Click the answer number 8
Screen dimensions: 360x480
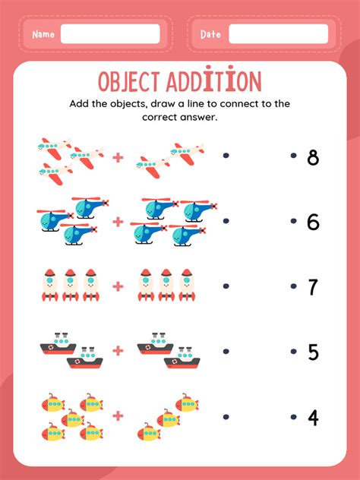[313, 158]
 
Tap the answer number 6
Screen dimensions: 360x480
[313, 222]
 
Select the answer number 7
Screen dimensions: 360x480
[312, 287]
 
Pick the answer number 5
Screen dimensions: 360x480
[313, 352]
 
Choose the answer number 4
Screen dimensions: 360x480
[313, 418]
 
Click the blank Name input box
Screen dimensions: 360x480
[110, 34]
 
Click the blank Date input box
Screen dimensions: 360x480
[279, 34]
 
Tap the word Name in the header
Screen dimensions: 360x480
[43, 34]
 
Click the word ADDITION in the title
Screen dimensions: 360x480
[214, 79]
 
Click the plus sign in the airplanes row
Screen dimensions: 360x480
[118, 158]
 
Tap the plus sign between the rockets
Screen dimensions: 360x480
[118, 286]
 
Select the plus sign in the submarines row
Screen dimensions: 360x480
[118, 415]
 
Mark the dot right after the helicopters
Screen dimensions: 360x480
[226, 221]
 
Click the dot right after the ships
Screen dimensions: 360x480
[226, 351]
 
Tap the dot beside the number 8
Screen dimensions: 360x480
[294, 156]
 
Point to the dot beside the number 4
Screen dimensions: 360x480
[294, 417]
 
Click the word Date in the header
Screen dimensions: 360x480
[210, 34]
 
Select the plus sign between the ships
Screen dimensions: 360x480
[118, 351]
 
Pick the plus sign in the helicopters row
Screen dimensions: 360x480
[118, 222]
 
